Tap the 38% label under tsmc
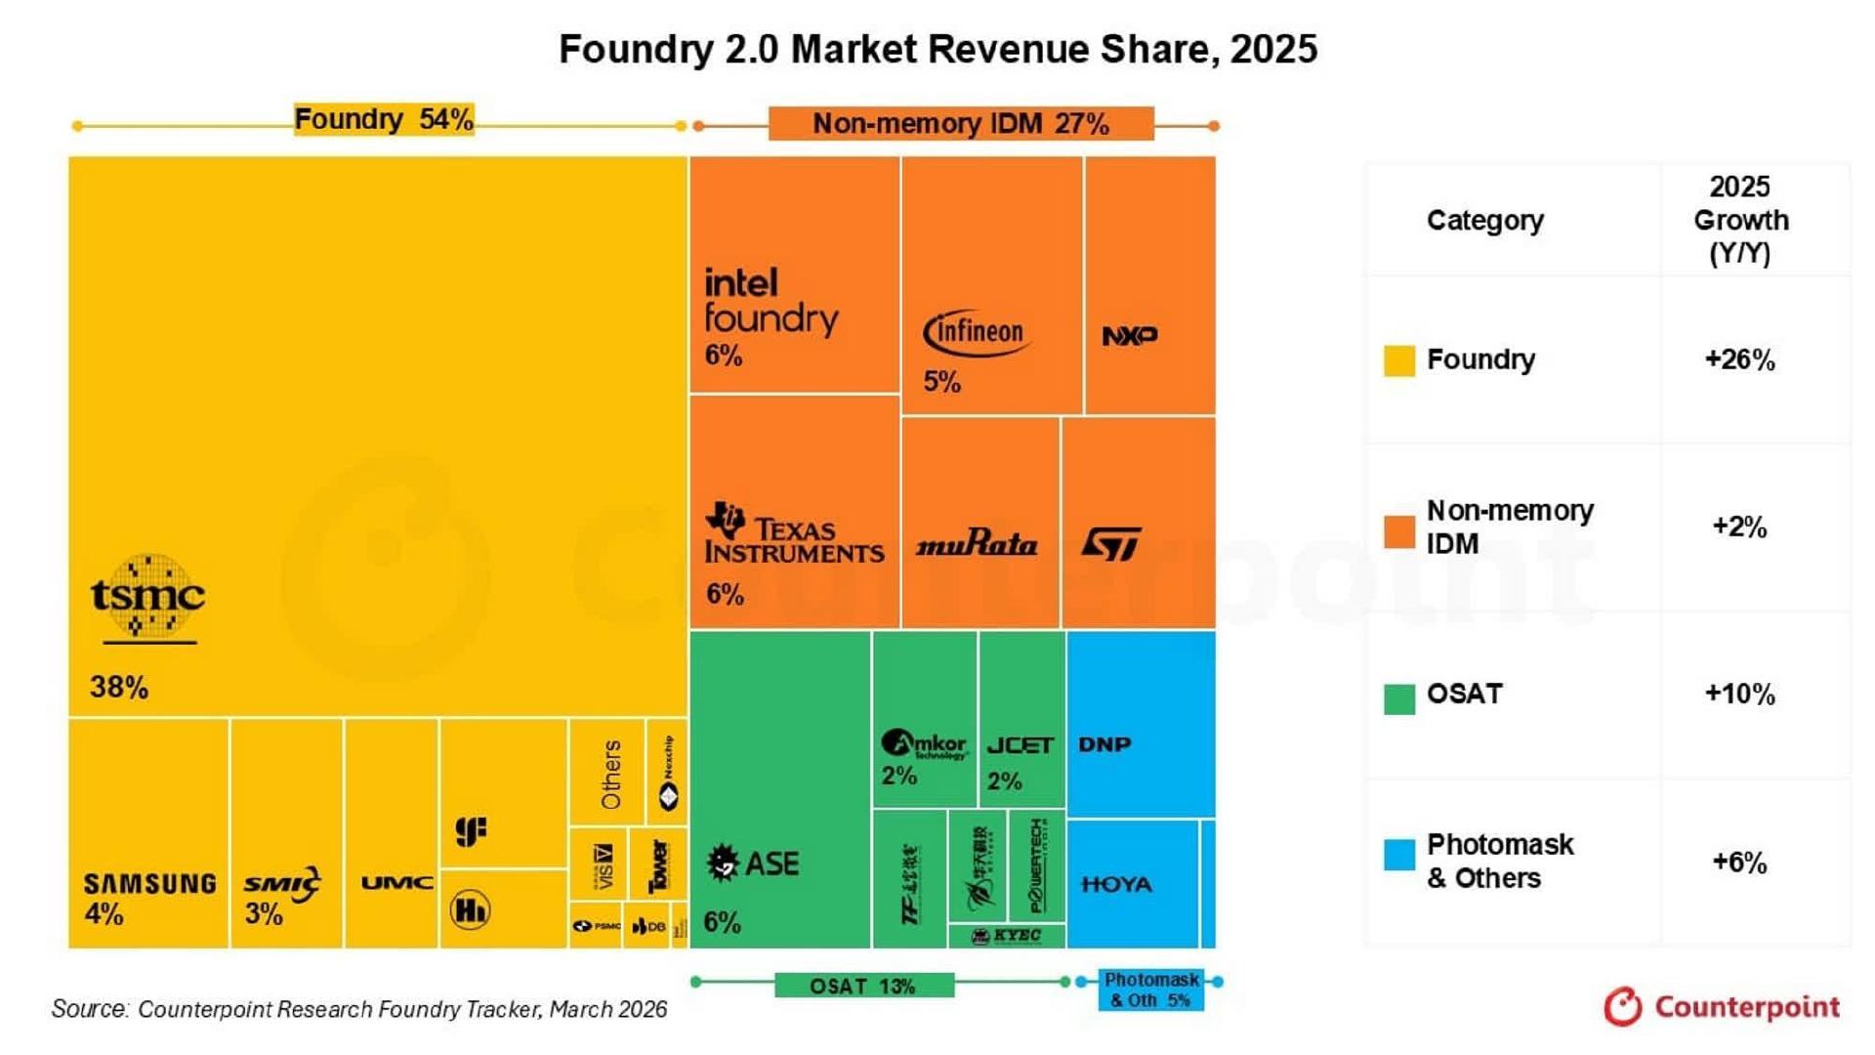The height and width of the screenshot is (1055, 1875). click(119, 688)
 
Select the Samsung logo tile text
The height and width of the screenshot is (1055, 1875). click(149, 884)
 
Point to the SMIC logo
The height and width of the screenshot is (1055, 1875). click(281, 884)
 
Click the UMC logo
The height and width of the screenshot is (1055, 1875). click(396, 883)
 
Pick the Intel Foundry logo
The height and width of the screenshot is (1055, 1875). click(770, 302)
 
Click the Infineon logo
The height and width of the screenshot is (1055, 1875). click(976, 333)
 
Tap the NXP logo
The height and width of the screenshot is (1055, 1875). click(1130, 336)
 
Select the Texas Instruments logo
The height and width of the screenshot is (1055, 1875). click(794, 533)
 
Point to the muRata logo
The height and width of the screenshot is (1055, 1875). click(977, 544)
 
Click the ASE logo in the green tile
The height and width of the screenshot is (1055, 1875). click(752, 864)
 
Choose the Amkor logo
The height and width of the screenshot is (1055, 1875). click(924, 745)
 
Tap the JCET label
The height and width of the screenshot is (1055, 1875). click(1021, 745)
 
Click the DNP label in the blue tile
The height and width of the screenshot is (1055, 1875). click(1104, 744)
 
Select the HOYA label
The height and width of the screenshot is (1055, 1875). click(1117, 884)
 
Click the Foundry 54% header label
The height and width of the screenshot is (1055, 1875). click(384, 119)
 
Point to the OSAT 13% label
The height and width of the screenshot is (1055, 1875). click(863, 986)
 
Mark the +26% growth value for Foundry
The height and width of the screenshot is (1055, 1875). click(1739, 359)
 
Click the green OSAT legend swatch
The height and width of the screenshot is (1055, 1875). click(1398, 698)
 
